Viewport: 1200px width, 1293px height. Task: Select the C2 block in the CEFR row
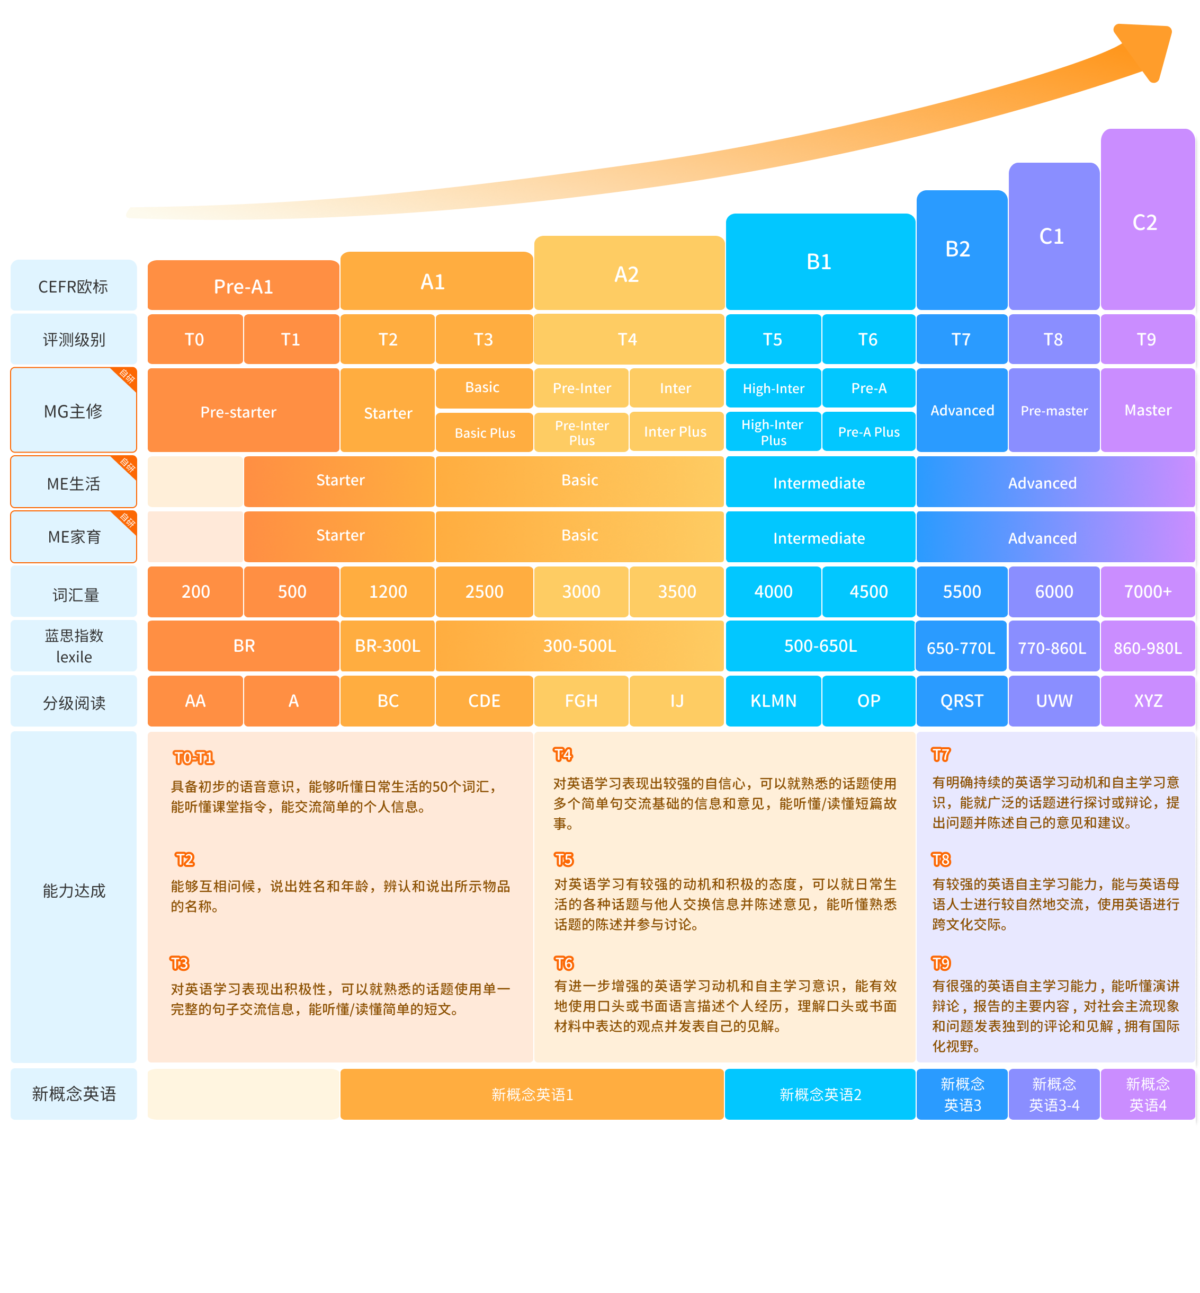(1148, 219)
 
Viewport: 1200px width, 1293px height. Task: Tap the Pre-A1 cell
(244, 285)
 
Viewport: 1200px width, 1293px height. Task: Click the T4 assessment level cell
(629, 339)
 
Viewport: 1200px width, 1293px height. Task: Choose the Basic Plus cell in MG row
(485, 432)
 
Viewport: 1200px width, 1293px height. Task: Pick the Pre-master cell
(1054, 410)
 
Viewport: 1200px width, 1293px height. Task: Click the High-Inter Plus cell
(773, 432)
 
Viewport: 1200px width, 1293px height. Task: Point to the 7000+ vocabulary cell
(1148, 591)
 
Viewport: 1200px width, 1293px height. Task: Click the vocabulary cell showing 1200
(388, 591)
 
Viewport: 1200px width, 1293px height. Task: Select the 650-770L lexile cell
(961, 646)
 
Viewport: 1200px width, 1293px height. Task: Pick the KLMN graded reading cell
(773, 701)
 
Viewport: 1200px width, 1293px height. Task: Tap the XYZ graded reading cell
(1148, 701)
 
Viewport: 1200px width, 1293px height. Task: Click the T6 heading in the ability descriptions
(563, 963)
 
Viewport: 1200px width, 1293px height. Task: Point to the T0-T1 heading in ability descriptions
(193, 758)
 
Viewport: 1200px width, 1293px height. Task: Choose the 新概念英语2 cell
(820, 1094)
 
